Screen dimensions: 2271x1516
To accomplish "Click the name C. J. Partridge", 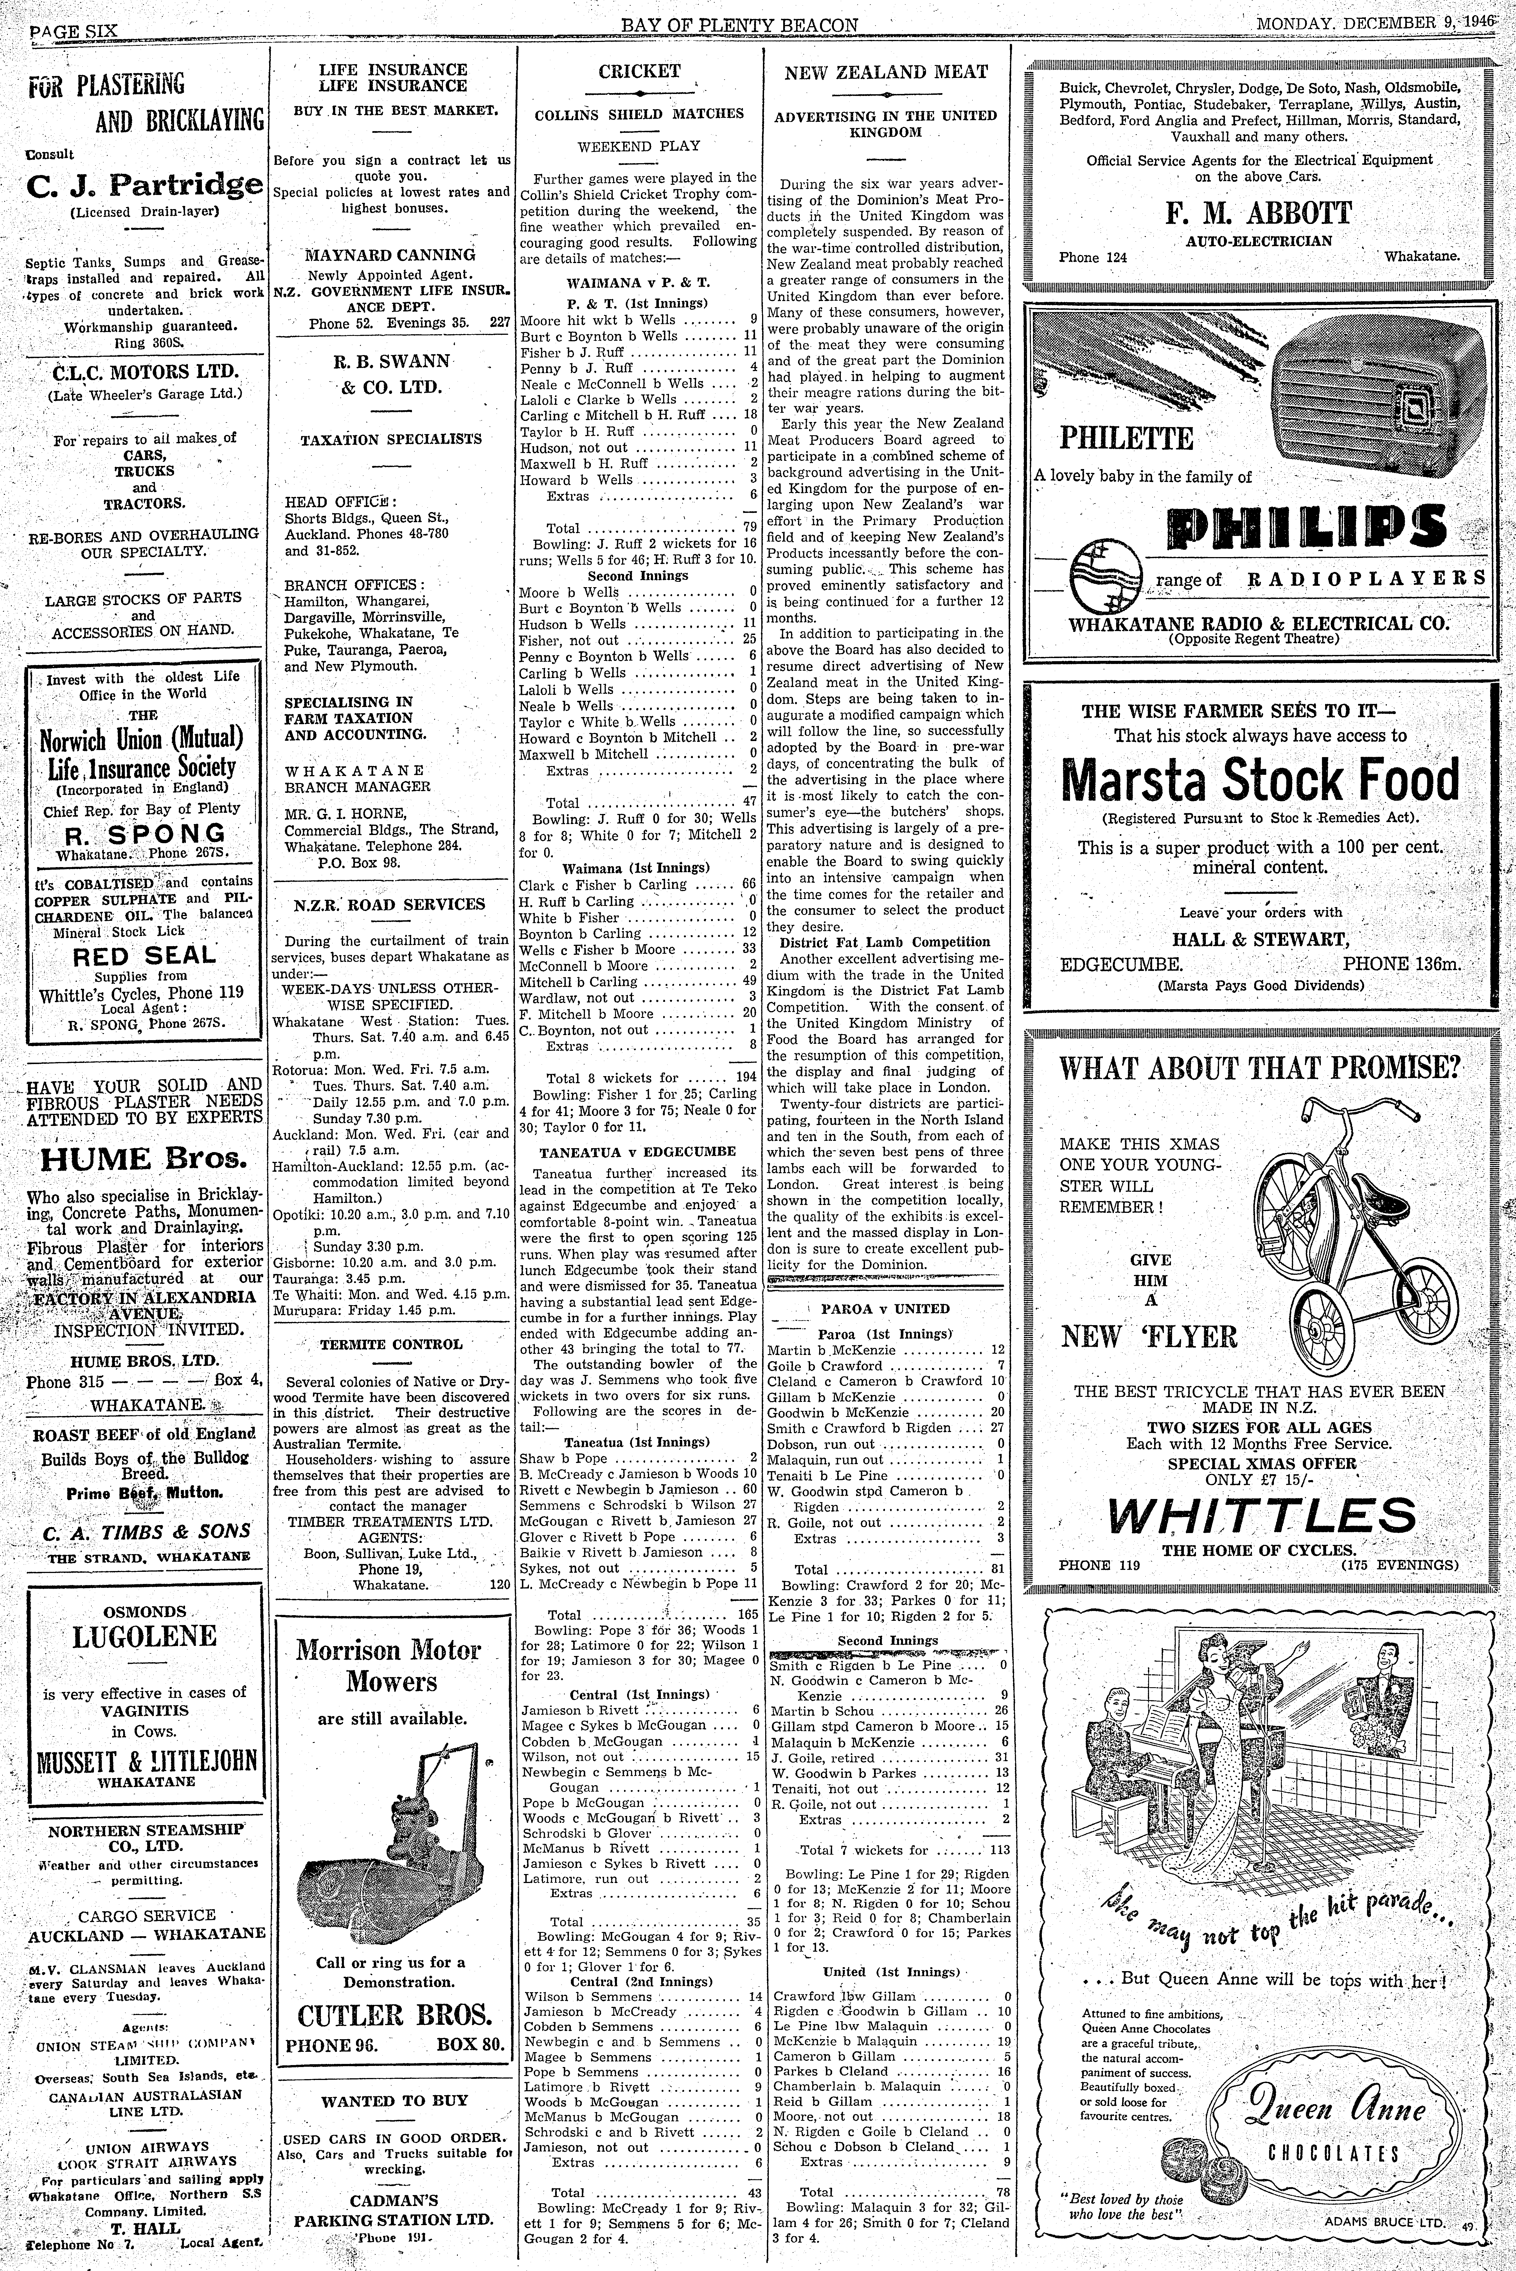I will pyautogui.click(x=145, y=184).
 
